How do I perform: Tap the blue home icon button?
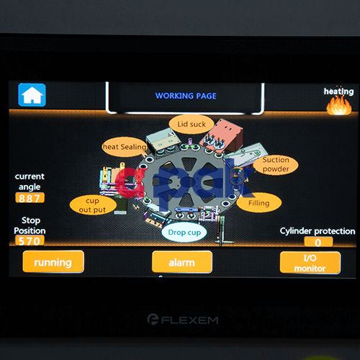32,95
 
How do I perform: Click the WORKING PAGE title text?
186,96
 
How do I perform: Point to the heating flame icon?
339,106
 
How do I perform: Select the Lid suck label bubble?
192,125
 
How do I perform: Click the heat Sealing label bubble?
125,147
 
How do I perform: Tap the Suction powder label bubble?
276,165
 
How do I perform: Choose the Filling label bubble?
258,203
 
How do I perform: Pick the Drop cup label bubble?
184,233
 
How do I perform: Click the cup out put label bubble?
93,205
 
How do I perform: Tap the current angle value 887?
30,198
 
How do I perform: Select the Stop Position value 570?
30,240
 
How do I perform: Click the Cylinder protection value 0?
318,242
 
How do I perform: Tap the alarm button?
182,262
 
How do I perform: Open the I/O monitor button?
310,263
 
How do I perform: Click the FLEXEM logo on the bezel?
183,320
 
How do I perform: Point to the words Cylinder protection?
318,231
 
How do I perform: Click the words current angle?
30,181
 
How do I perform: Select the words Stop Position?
30,225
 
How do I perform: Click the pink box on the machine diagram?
223,135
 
